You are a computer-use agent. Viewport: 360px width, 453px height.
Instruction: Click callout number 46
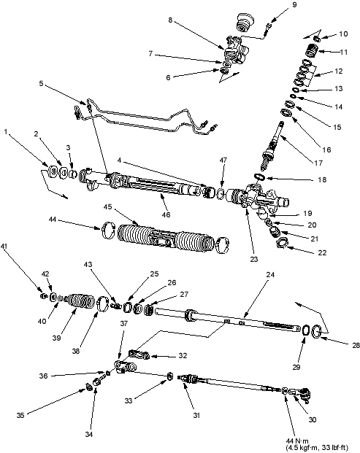click(166, 214)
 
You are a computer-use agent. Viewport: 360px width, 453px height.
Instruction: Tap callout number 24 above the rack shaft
click(269, 275)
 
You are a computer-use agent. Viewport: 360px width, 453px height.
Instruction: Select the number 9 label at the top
click(294, 5)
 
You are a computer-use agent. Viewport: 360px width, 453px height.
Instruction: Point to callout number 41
click(4, 247)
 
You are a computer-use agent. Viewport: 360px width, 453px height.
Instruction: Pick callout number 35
click(20, 416)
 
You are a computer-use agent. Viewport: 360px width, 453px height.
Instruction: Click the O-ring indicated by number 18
click(260, 177)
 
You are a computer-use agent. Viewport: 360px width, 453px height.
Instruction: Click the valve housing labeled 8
click(235, 51)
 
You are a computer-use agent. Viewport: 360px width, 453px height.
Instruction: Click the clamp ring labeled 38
click(99, 303)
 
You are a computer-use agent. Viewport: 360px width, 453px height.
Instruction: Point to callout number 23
click(253, 259)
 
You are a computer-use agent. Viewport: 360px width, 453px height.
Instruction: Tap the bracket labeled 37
click(125, 367)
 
